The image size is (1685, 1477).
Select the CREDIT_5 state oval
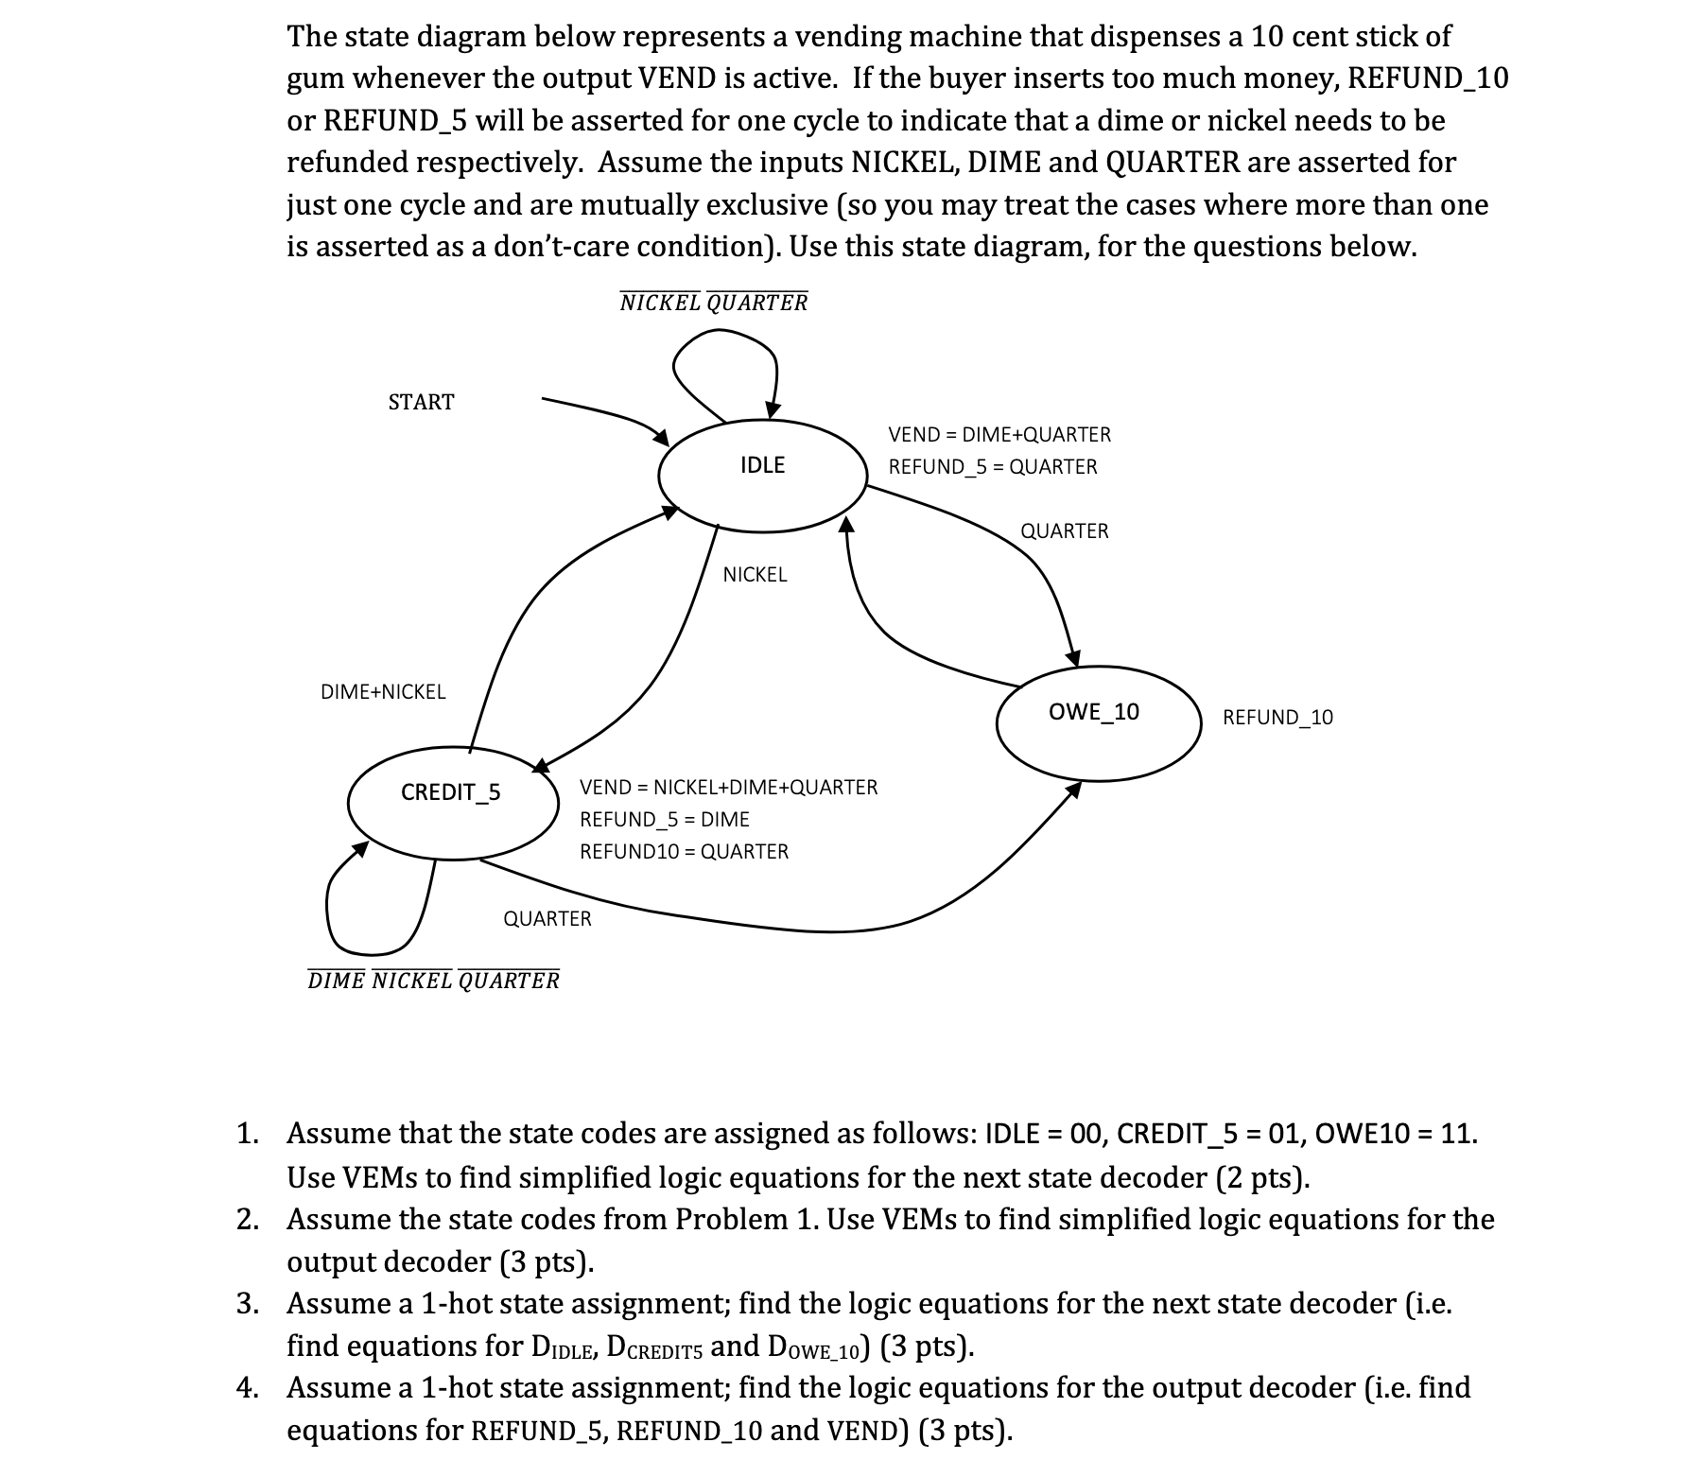[x=452, y=804]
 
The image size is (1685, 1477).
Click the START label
[x=421, y=402]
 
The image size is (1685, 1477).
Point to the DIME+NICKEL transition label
[x=383, y=691]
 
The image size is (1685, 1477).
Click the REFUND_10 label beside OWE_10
[x=1277, y=717]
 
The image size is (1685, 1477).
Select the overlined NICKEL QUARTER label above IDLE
[x=714, y=303]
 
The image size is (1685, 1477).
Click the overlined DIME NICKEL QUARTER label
[x=433, y=981]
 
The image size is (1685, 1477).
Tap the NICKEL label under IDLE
[x=755, y=574]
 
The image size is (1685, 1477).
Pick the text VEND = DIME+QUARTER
[x=999, y=434]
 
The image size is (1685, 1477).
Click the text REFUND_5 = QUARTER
[x=993, y=466]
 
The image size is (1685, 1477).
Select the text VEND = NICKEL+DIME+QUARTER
[x=728, y=787]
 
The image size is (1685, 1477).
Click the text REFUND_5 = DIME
[x=664, y=819]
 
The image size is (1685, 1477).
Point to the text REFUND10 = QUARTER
[x=684, y=851]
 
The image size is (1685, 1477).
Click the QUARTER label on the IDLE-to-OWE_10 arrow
[x=1065, y=530]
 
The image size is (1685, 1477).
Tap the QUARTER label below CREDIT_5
[x=547, y=918]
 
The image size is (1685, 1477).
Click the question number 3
[x=247, y=1303]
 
